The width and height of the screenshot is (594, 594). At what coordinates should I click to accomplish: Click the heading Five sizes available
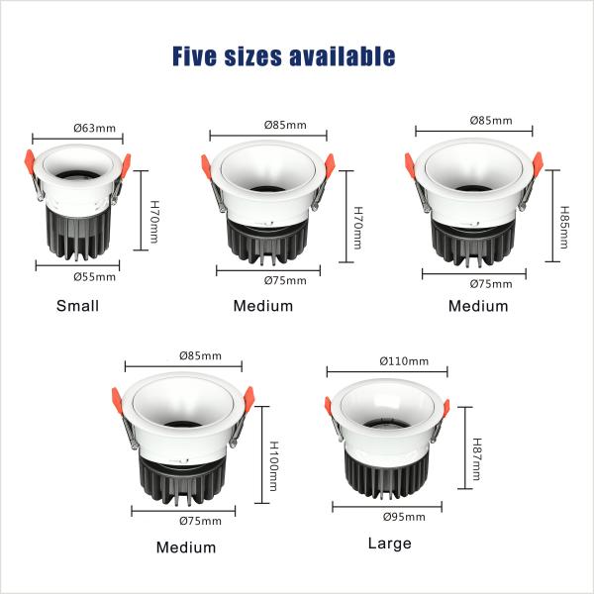tap(283, 55)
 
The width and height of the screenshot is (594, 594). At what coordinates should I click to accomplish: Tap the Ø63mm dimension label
tap(95, 128)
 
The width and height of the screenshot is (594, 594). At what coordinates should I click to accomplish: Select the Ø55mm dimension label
tap(95, 276)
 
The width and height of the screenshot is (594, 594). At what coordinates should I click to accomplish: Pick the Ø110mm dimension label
tap(405, 360)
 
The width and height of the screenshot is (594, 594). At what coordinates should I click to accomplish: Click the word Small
tap(78, 306)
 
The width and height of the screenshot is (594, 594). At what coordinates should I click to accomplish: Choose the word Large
tap(389, 544)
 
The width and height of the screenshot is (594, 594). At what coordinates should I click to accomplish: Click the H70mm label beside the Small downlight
tap(154, 223)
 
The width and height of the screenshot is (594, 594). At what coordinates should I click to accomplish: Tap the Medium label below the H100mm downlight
tap(185, 547)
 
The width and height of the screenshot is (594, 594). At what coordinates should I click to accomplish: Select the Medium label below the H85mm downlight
tap(478, 306)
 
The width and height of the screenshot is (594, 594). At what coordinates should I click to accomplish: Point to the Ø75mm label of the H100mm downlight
tap(200, 521)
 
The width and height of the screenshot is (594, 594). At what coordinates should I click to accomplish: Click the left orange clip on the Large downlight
tap(331, 406)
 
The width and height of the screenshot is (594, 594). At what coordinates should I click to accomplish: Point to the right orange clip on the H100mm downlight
tap(247, 394)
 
